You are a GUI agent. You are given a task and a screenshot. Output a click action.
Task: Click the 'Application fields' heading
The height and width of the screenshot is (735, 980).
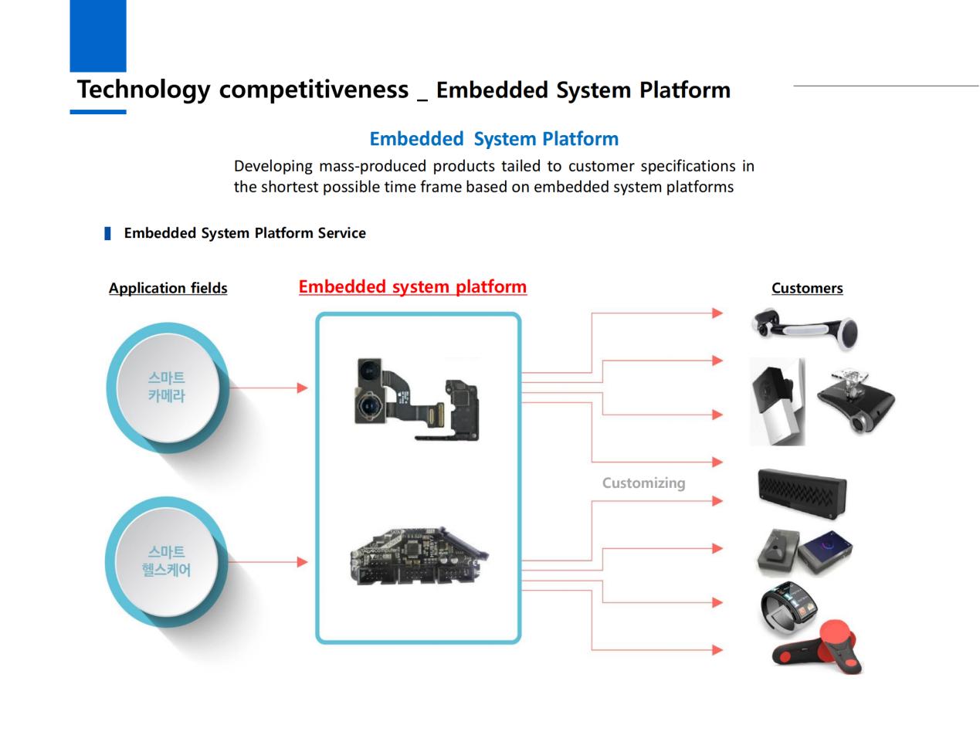point(168,289)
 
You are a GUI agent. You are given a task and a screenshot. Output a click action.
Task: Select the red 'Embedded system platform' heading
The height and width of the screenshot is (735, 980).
point(412,287)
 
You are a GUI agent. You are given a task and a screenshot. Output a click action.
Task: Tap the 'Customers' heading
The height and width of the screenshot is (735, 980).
point(806,289)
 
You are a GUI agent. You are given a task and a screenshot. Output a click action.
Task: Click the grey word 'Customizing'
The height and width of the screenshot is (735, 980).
point(643,483)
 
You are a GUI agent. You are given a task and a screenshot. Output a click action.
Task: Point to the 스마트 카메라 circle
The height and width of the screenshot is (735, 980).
point(167,388)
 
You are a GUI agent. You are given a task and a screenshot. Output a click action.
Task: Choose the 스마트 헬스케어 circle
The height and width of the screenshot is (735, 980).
point(166,561)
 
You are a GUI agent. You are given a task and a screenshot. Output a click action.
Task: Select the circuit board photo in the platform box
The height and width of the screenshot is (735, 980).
point(418,557)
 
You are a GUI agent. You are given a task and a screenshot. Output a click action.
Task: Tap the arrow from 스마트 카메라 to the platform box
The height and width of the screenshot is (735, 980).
point(267,388)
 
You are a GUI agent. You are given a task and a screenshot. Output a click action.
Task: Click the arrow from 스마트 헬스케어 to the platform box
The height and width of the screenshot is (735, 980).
point(267,562)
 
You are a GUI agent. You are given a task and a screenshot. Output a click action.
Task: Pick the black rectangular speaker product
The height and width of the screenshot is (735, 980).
point(802,493)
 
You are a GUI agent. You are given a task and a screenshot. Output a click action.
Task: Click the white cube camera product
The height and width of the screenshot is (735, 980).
point(776,401)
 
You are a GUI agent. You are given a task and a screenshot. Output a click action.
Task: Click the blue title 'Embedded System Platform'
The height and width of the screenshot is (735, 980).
point(493,139)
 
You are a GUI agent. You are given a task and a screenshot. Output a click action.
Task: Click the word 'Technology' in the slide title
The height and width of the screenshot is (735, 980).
point(143,90)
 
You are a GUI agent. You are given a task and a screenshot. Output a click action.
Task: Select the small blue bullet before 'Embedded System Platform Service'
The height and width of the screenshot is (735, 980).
point(108,233)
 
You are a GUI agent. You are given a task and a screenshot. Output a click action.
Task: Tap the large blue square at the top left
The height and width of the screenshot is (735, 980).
point(98,36)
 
